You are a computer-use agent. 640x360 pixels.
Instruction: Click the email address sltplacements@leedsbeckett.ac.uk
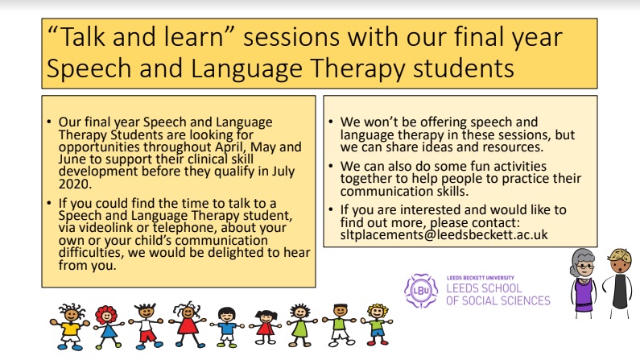[444, 234]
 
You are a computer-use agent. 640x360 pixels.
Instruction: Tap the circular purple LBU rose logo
[421, 291]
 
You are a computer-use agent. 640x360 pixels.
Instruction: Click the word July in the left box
[283, 172]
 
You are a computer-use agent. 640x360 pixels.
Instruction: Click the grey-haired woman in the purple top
[584, 283]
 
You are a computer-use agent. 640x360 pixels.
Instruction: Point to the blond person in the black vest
[619, 283]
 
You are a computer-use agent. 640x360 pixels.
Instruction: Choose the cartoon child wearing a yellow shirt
[70, 326]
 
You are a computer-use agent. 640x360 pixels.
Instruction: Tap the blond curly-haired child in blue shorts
[377, 324]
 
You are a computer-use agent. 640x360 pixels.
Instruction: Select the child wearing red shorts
[147, 325]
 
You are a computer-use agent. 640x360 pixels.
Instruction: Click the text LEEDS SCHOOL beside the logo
[484, 288]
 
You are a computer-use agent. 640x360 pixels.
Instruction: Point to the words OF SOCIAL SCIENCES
[498, 301]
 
